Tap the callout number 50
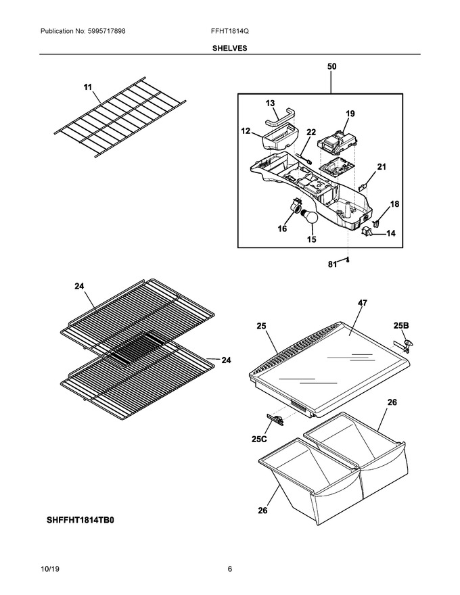tap(331, 66)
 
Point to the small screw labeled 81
tap(347, 260)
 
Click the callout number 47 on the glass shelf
tap(363, 303)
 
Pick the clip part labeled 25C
tap(276, 419)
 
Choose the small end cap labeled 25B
tap(409, 343)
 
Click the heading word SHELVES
tap(229, 48)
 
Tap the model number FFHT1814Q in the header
tap(230, 31)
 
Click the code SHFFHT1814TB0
tap(80, 520)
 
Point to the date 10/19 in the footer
tap(49, 569)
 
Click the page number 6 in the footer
tap(230, 569)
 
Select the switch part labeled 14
tap(367, 231)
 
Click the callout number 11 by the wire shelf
tap(88, 87)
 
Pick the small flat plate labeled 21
tap(363, 186)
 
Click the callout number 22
tap(311, 132)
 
